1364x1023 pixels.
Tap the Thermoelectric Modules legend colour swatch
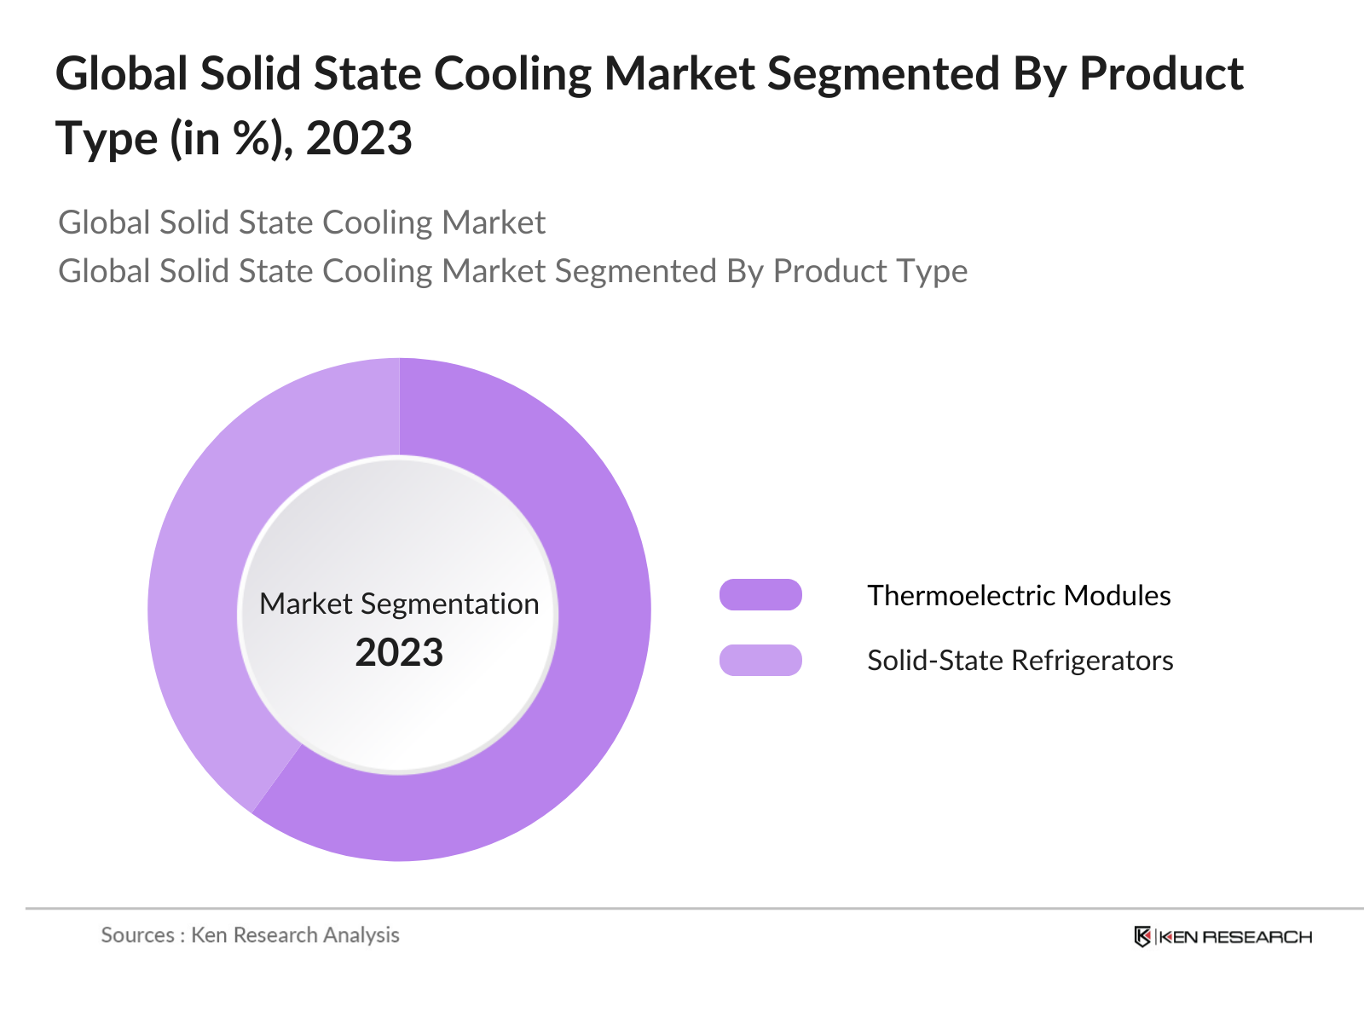pos(760,595)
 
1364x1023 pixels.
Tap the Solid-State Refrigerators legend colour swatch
pos(760,661)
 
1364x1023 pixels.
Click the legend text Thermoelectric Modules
pos(1019,595)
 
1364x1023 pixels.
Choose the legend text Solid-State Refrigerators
pos(1020,661)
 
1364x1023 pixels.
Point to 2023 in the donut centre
pos(399,653)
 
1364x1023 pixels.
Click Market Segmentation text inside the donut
pos(399,604)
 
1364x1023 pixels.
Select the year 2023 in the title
pos(359,138)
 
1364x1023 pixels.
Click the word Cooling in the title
pos(512,73)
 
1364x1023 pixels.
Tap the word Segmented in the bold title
pos(883,73)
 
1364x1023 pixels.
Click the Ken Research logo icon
pos(1142,937)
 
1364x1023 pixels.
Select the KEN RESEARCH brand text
pos(1235,937)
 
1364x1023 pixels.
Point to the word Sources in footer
pos(137,935)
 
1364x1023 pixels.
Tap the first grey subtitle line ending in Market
pos(302,223)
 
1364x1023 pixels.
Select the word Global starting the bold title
pos(121,73)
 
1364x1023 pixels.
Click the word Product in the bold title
pos(1161,73)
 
